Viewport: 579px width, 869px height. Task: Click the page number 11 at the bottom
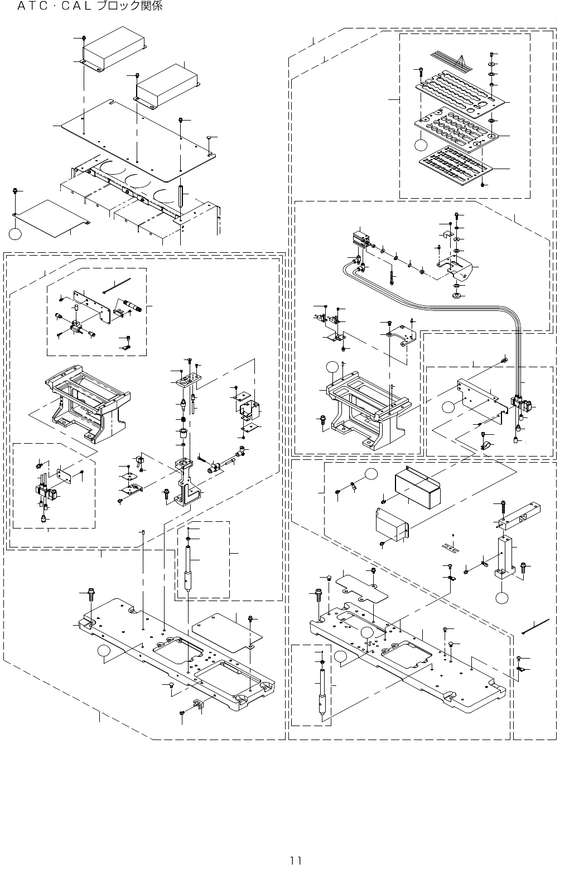[x=296, y=860]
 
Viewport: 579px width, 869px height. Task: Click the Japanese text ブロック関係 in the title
[x=129, y=6]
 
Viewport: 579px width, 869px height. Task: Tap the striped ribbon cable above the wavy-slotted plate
[x=451, y=61]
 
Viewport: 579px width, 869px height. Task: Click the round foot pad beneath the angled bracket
[x=456, y=296]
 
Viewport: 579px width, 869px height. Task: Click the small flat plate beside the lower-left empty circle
[x=50, y=218]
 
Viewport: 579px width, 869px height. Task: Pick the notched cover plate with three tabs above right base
[x=362, y=587]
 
